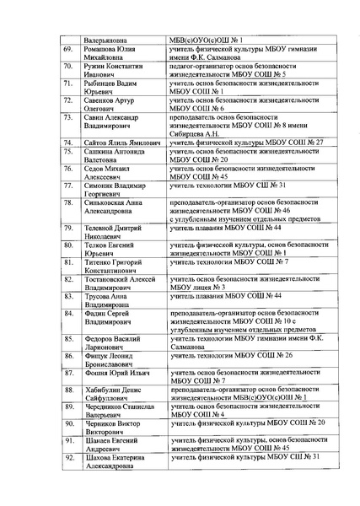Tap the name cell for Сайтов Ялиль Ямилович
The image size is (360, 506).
coord(121,144)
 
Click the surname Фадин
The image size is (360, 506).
coord(99,312)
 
